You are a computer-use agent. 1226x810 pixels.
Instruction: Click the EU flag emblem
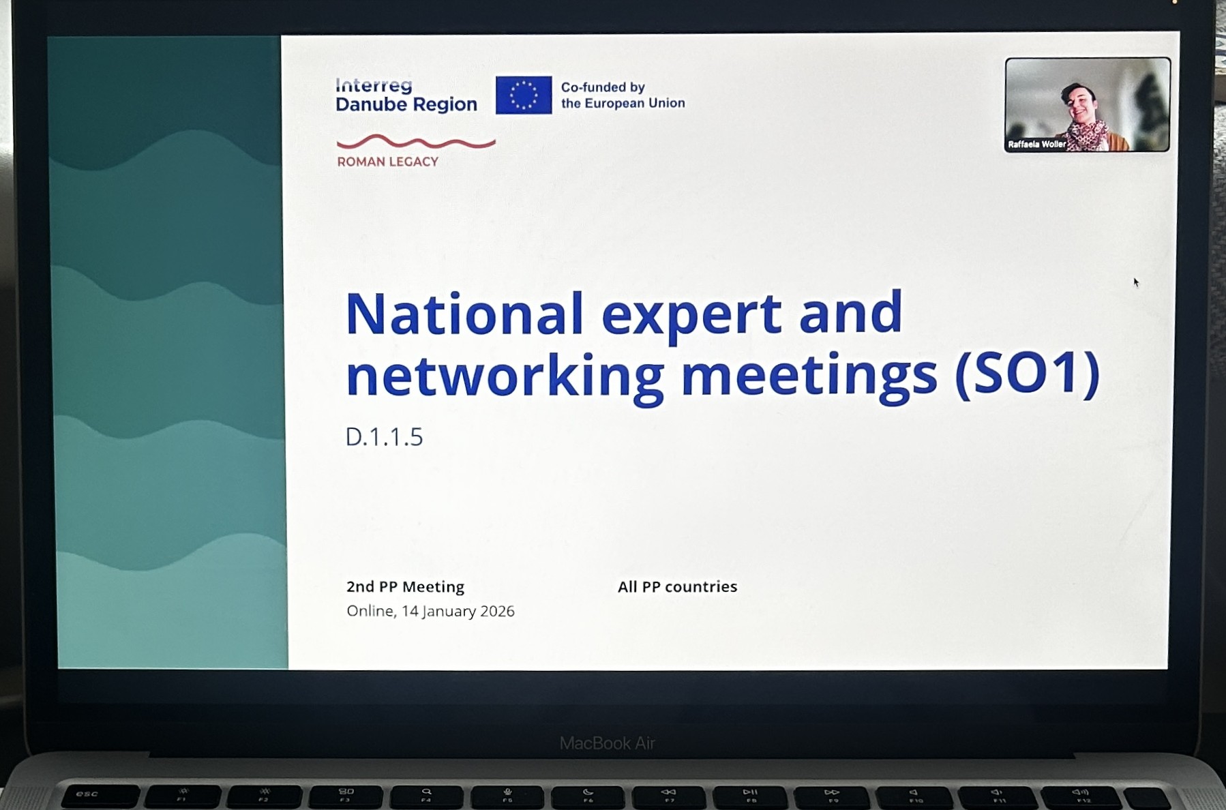pyautogui.click(x=523, y=95)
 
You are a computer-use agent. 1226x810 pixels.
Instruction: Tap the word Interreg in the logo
pyautogui.click(x=374, y=85)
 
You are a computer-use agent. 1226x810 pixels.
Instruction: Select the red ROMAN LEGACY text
pyautogui.click(x=387, y=162)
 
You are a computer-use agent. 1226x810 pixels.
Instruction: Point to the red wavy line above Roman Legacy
pyautogui.click(x=416, y=142)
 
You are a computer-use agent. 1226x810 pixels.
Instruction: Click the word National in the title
pyautogui.click(x=464, y=314)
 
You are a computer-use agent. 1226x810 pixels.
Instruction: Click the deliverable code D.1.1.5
pyautogui.click(x=384, y=436)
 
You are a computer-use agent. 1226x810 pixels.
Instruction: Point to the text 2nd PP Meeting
pyautogui.click(x=405, y=586)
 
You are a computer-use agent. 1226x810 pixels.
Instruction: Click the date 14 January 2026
pyautogui.click(x=458, y=611)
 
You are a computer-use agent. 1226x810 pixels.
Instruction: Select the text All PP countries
pyautogui.click(x=677, y=586)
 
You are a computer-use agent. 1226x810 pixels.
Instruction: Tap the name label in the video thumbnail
pyautogui.click(x=1036, y=144)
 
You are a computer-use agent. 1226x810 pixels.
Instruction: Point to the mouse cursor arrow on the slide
pyautogui.click(x=1136, y=282)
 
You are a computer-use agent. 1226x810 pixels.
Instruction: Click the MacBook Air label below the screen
pyautogui.click(x=607, y=743)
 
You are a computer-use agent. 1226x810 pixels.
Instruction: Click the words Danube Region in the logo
pyautogui.click(x=406, y=104)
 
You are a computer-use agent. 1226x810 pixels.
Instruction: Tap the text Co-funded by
pyautogui.click(x=603, y=87)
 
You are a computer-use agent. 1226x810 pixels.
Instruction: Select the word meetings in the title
pyautogui.click(x=809, y=376)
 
